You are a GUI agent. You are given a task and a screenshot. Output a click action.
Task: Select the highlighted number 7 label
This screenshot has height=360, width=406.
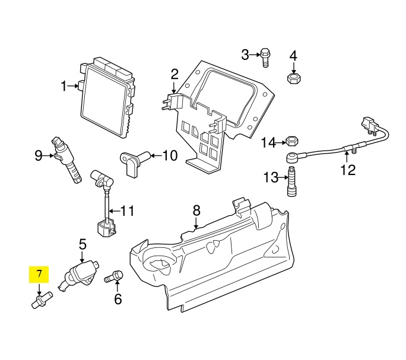39,274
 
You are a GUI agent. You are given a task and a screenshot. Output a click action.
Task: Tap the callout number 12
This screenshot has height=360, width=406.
348,170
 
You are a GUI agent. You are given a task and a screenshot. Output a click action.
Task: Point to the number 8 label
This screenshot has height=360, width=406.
196,210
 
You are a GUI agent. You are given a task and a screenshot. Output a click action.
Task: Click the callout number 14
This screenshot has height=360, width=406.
269,142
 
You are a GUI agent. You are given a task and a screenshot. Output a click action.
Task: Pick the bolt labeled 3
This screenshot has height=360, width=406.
265,57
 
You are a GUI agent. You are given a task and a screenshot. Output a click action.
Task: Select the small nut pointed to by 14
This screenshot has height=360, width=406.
291,142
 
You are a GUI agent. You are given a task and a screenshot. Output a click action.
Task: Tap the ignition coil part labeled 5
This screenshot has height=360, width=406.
82,274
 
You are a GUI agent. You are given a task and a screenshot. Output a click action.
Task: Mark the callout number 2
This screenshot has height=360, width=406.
175,74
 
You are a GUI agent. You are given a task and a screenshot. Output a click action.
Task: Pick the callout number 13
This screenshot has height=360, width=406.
271,177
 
